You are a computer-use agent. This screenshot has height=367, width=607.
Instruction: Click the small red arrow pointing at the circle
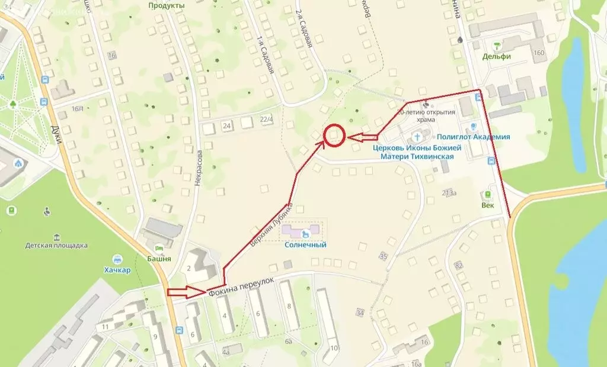pyautogui.click(x=362, y=137)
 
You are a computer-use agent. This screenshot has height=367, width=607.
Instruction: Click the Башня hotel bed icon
pyautogui.click(x=159, y=247)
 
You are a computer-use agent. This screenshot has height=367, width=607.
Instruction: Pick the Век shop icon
pyautogui.click(x=488, y=194)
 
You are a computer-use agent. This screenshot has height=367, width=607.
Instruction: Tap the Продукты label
pyautogui.click(x=167, y=5)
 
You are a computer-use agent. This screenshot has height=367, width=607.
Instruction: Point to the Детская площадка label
pyautogui.click(x=56, y=244)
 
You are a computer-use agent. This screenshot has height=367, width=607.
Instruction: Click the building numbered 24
pyautogui.click(x=226, y=125)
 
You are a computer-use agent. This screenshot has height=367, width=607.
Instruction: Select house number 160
pyautogui.click(x=538, y=53)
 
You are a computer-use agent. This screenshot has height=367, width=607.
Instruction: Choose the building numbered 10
pyautogui.click(x=334, y=347)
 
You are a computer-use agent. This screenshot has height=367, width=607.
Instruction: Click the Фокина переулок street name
pyautogui.click(x=241, y=288)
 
